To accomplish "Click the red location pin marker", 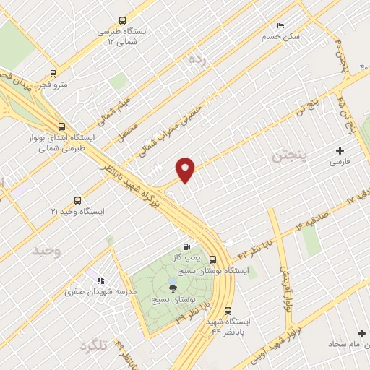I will pos(186,170).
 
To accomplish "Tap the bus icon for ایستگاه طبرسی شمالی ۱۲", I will pos(122,21).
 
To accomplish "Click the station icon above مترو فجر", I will pos(53,73).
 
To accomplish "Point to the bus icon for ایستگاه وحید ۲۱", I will pos(77,200).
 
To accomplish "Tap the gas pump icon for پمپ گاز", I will pos(188,246).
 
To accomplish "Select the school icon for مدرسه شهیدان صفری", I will pos(100,280).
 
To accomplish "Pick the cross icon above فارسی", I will pos(340,151).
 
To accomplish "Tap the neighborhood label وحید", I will pos(45,251).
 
